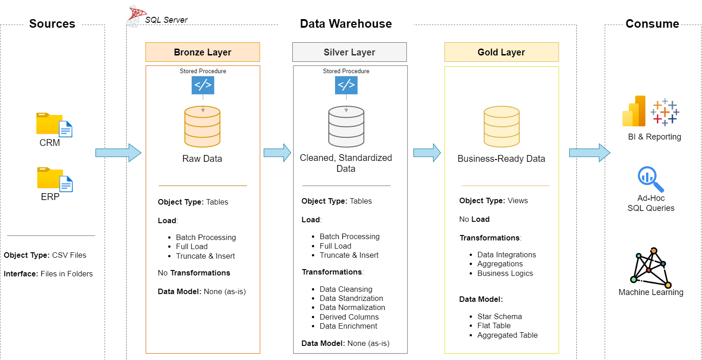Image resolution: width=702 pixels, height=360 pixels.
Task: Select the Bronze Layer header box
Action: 202,52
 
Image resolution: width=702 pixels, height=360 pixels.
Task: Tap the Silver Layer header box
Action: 349,52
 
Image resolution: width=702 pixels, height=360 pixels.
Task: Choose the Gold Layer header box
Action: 501,52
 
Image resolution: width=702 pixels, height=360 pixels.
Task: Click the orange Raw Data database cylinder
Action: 202,127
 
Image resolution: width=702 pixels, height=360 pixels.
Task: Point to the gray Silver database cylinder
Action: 346,127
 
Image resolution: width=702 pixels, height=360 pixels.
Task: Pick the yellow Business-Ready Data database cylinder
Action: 501,127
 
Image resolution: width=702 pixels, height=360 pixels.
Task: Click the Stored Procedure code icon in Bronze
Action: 203,85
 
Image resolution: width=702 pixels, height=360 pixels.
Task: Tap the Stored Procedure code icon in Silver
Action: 346,85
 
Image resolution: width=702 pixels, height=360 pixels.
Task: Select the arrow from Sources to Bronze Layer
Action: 118,153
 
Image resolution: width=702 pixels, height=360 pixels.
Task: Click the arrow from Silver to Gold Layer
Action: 426,153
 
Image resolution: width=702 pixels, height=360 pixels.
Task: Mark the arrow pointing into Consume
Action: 589,153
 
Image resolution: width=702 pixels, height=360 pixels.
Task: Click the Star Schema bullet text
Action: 499,316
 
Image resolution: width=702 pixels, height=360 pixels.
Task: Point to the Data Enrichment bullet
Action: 348,326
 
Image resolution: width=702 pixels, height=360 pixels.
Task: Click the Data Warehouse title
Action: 346,24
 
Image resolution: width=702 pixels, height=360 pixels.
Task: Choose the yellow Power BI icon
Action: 634,112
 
